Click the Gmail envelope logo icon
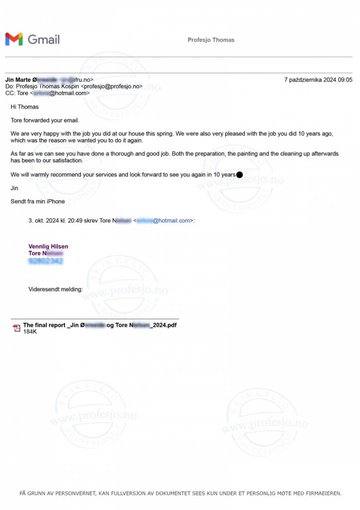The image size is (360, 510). pos(14,39)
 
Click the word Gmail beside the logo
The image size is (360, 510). pos(44,40)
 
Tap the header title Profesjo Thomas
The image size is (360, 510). pos(211,40)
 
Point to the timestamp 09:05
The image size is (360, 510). pos(345,80)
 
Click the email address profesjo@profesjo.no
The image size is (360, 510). pos(112,86)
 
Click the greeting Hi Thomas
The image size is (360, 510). pos(25,107)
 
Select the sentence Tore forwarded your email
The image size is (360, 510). pos(45,120)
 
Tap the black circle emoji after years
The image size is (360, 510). pos(239,175)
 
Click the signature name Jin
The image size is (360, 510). pos(14,188)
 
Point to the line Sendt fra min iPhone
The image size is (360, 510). pos(38,202)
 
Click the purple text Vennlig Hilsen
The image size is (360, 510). pos(48,247)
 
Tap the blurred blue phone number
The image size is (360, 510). pos(46,261)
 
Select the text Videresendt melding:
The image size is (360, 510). pos(56,289)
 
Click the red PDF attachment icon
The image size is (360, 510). pos(16,328)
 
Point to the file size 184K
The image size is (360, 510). pos(30,332)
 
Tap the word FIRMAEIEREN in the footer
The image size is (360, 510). pos(320,493)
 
